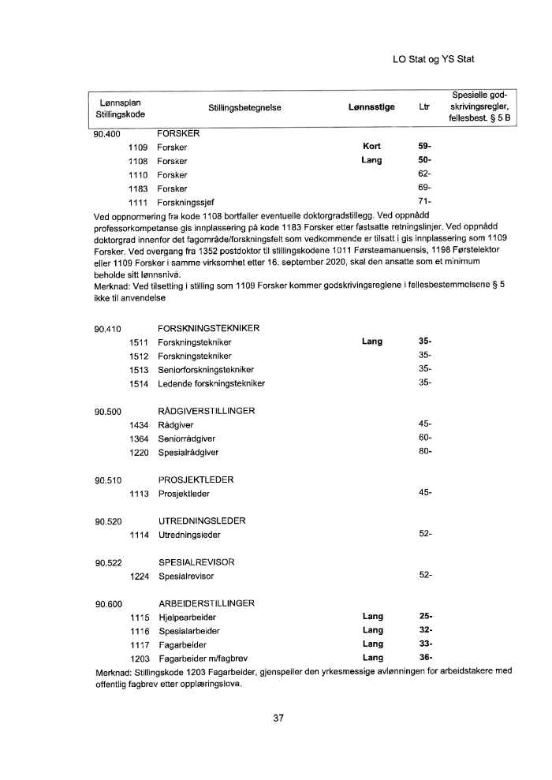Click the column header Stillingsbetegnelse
point(244,107)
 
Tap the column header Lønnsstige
point(371,107)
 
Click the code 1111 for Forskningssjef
point(139,203)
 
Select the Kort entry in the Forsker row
point(371,147)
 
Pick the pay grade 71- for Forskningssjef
point(425,203)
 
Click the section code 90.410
point(108,329)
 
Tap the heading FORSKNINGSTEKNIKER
point(209,329)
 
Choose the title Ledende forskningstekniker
point(211,383)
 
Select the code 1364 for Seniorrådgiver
point(140,439)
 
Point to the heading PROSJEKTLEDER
point(196,480)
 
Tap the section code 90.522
point(108,562)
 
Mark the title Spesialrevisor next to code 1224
point(186,577)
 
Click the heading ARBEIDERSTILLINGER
point(207,603)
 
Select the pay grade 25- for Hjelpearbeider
point(425,617)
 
